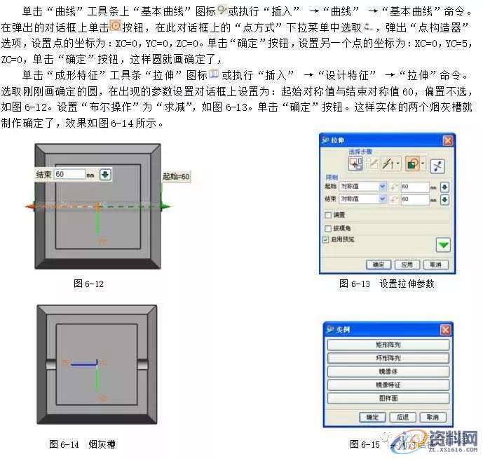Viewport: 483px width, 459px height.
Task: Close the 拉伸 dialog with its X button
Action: coord(447,141)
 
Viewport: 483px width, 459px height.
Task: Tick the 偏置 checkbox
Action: coord(328,214)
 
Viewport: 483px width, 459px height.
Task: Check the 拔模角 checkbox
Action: coord(328,228)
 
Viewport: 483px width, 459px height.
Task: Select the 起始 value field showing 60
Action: coord(415,187)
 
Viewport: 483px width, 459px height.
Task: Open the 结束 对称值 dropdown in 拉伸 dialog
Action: coord(382,199)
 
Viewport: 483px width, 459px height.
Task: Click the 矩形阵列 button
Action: coord(388,345)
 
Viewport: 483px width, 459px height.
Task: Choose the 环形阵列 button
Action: coord(388,358)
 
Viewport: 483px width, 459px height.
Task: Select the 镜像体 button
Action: coord(388,371)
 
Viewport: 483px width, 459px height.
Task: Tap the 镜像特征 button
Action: coord(388,385)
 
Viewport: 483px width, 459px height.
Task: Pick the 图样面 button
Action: coord(388,398)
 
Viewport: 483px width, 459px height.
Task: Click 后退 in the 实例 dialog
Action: coord(402,417)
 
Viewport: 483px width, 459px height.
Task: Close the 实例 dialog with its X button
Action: coord(445,330)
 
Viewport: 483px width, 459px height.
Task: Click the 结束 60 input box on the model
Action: coord(70,174)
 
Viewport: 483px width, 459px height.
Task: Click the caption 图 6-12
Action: coord(88,284)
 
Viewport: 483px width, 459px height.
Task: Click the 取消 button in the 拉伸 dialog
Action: coord(435,265)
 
